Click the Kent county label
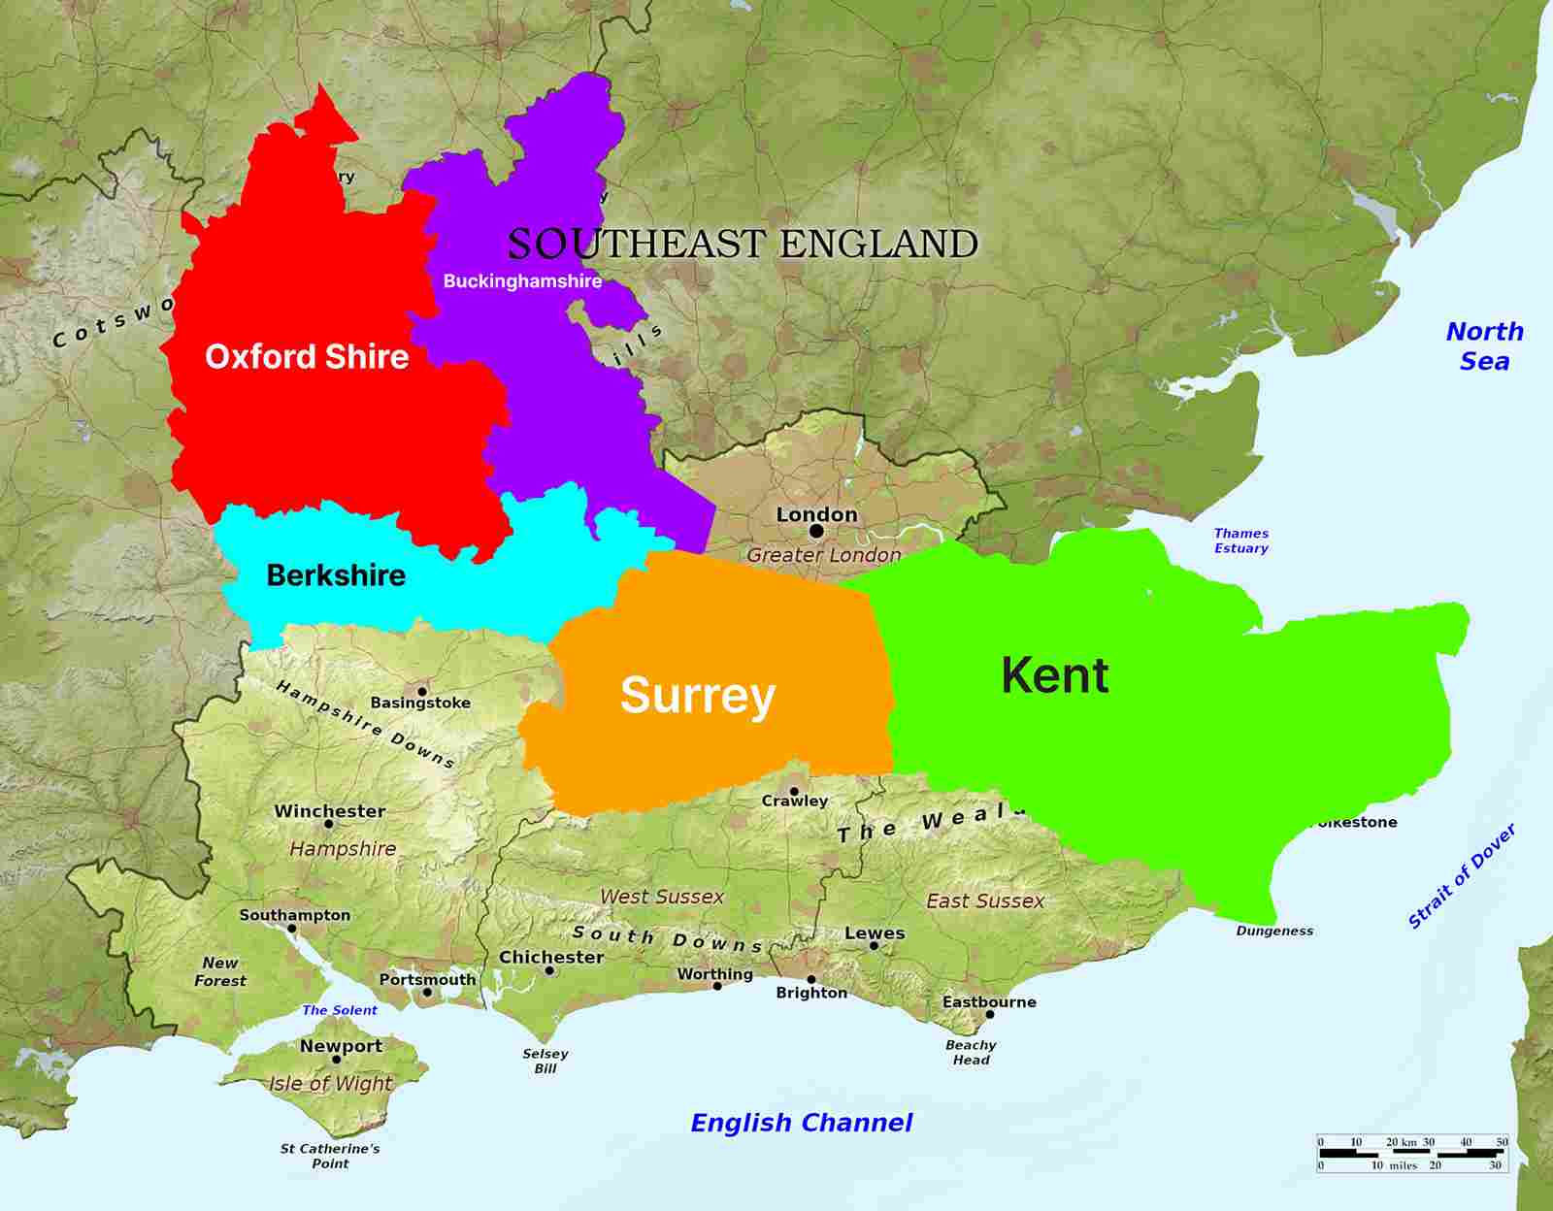pyautogui.click(x=1054, y=675)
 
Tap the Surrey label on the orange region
pyautogui.click(x=698, y=696)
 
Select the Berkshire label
pyautogui.click(x=336, y=575)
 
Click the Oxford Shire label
pyautogui.click(x=307, y=357)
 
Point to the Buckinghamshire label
pyautogui.click(x=522, y=281)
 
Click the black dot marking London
pyautogui.click(x=816, y=532)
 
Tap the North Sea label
pyautogui.click(x=1484, y=346)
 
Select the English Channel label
pyautogui.click(x=801, y=1123)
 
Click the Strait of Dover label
pyautogui.click(x=1461, y=877)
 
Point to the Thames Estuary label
pyautogui.click(x=1240, y=540)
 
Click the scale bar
pyautogui.click(x=1412, y=1154)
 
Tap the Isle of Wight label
pyautogui.click(x=331, y=1084)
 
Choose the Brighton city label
pyautogui.click(x=811, y=993)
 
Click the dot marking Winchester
pyautogui.click(x=328, y=824)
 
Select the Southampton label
pyautogui.click(x=295, y=915)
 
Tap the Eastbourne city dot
pyautogui.click(x=990, y=1015)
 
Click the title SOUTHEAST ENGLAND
pyautogui.click(x=743, y=245)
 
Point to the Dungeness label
pyautogui.click(x=1274, y=931)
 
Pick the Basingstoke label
pyautogui.click(x=420, y=703)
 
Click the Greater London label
pyautogui.click(x=823, y=555)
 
